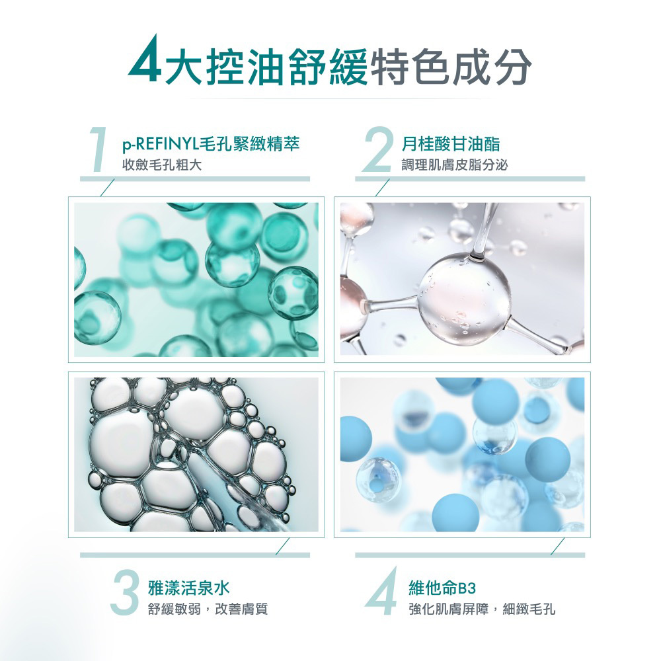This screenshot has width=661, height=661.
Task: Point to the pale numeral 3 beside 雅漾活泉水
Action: (126, 592)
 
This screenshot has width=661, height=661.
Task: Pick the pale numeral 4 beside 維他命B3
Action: (382, 592)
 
